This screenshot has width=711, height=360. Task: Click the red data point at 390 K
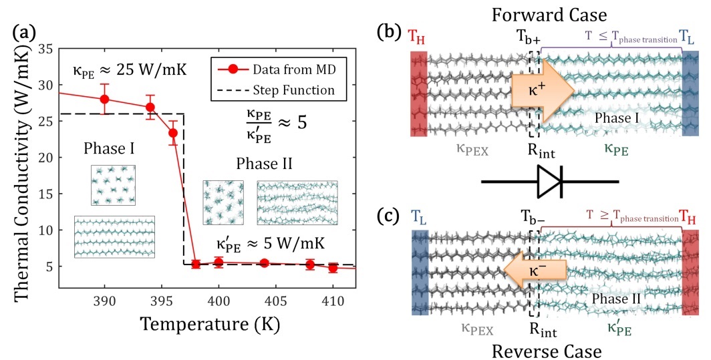(x=104, y=99)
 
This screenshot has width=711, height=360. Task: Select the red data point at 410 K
(x=333, y=268)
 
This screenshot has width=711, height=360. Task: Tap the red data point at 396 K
(x=173, y=133)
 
